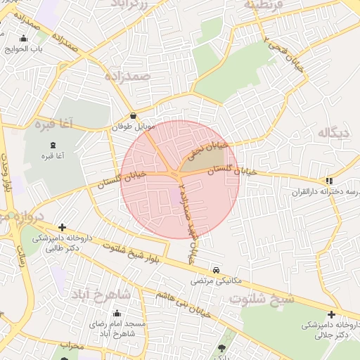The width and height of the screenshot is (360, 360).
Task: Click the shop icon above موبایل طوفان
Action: tap(133, 116)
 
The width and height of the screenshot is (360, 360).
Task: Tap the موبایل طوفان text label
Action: tap(133, 127)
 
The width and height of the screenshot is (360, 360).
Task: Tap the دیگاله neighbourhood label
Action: tap(333, 132)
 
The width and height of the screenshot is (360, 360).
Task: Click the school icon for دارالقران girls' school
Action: tap(329, 181)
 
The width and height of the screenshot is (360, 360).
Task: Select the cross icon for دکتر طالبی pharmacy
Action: tap(63, 227)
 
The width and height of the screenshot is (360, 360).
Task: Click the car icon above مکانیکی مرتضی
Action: tap(216, 269)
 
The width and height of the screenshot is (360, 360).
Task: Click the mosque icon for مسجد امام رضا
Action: tap(117, 313)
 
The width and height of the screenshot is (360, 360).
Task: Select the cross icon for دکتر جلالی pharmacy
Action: tap(331, 314)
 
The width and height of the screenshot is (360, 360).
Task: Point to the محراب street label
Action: tap(72, 346)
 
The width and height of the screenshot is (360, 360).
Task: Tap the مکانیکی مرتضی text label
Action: tap(216, 280)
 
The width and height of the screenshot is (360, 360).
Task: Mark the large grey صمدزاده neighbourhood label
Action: tap(130, 75)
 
